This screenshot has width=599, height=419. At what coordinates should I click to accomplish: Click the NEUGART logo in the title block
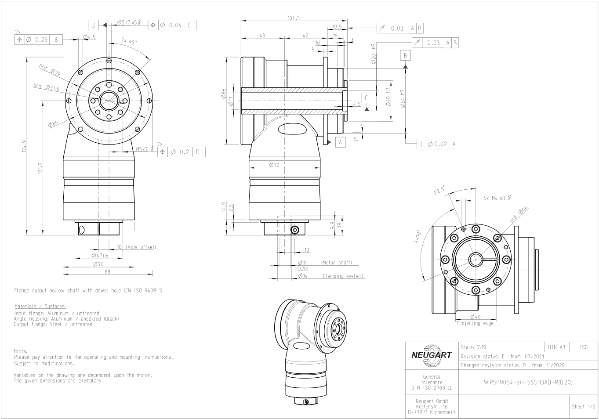(x=432, y=355)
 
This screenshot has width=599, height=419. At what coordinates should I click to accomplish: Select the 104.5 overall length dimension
(x=294, y=18)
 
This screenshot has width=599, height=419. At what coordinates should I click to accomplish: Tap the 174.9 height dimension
(x=24, y=146)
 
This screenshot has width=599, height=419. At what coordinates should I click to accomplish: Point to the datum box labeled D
(x=93, y=25)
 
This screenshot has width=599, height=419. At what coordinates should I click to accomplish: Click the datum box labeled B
(x=405, y=56)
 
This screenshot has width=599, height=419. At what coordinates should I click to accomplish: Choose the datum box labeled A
(x=340, y=142)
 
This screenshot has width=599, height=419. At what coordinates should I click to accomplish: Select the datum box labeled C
(x=367, y=98)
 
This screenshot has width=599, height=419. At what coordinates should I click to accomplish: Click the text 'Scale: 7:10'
(x=473, y=347)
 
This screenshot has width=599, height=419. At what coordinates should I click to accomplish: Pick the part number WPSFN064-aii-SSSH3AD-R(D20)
(x=528, y=383)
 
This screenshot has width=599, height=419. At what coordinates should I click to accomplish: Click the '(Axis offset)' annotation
(x=141, y=247)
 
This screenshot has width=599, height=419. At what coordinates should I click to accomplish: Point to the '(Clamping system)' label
(x=342, y=276)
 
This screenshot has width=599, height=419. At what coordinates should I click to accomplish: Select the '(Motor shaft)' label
(x=336, y=263)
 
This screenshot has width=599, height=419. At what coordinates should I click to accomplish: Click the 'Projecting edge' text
(x=475, y=323)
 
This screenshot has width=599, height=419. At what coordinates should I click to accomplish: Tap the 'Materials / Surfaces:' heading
(x=40, y=306)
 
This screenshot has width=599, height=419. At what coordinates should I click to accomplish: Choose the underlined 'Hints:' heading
(x=21, y=351)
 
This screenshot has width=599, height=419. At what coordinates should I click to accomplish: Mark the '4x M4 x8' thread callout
(x=497, y=198)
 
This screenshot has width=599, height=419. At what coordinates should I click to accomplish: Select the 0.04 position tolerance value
(x=175, y=25)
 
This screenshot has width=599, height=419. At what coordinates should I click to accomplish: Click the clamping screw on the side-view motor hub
(x=295, y=230)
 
